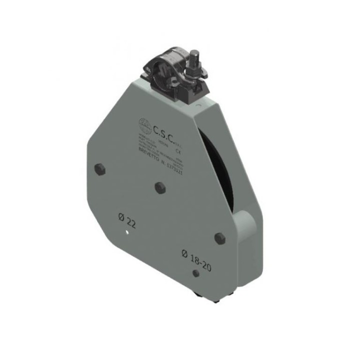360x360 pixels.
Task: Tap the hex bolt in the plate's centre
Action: point(159,187)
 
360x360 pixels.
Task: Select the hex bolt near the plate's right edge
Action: point(219,238)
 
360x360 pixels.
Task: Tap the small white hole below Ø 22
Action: point(127,232)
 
